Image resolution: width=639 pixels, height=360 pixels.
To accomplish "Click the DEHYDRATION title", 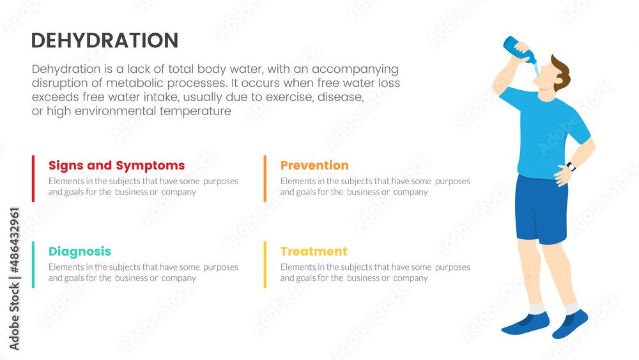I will (104, 40).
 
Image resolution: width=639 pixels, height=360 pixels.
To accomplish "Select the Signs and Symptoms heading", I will (116, 166).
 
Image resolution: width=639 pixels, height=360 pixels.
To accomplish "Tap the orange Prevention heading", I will (314, 166).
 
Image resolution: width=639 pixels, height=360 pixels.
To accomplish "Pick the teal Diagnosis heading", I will (79, 251).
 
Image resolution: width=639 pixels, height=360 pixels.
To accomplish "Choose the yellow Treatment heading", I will (314, 251).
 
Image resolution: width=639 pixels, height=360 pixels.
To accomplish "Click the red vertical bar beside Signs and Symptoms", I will (33, 178).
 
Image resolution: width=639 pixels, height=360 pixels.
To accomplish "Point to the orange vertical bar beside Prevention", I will (265, 178).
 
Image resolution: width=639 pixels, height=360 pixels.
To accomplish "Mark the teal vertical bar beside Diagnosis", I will (33, 264).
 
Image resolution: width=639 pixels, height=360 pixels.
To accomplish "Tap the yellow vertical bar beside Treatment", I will (265, 264).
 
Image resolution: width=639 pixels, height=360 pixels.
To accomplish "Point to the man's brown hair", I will (560, 70).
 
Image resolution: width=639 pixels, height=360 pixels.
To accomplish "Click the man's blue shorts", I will (541, 208).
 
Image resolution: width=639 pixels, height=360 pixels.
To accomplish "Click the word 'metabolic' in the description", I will (152, 83).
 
